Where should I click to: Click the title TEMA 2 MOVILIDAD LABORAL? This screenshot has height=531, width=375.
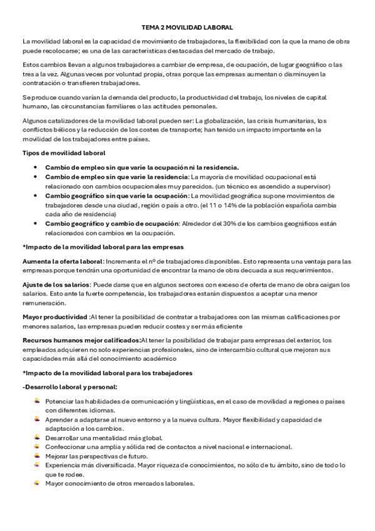pos(187,28)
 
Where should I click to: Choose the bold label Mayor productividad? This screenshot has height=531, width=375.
pos(55,317)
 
